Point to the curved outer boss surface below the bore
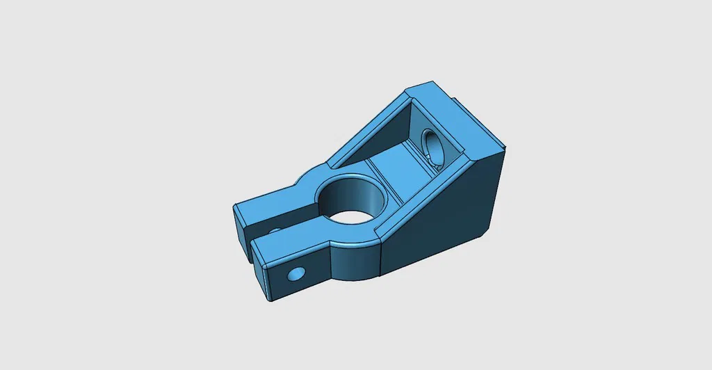pyautogui.click(x=355, y=261)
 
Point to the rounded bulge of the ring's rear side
pyautogui.click(x=313, y=174)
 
